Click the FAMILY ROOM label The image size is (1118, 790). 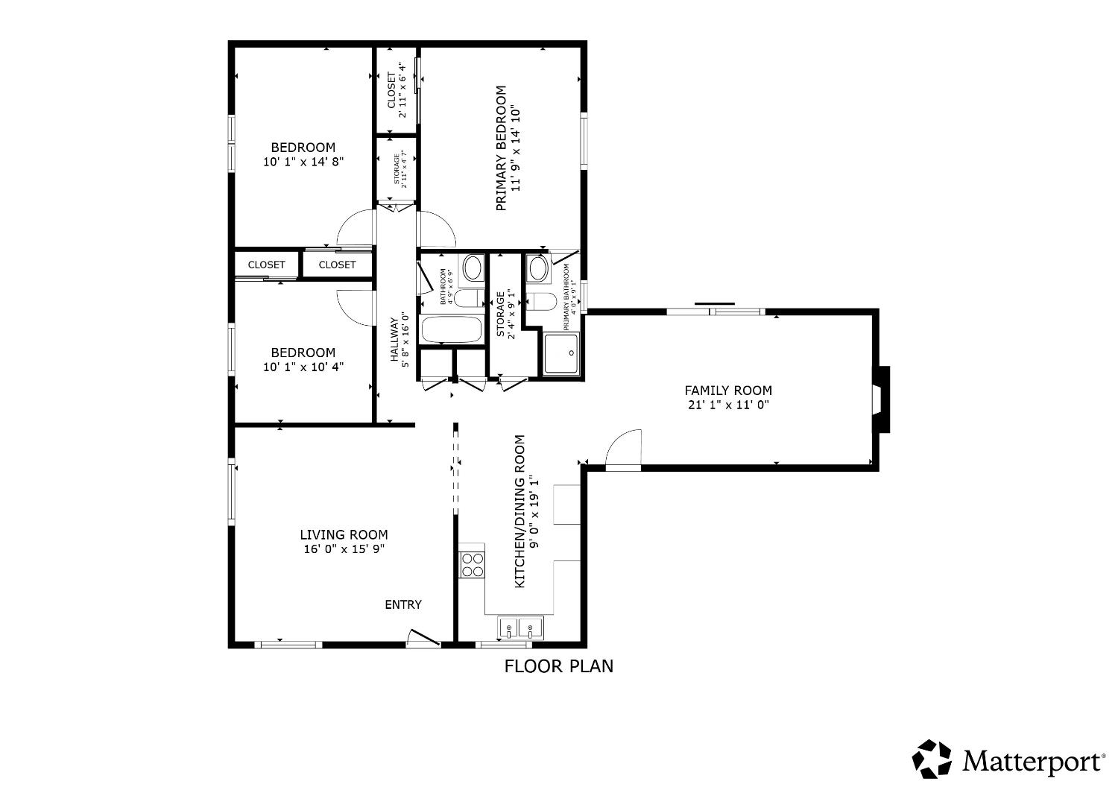tap(728, 390)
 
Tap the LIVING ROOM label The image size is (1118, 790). tap(344, 534)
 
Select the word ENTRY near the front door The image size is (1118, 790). tap(402, 604)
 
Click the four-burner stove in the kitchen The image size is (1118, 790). tap(472, 564)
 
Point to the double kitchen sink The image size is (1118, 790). tap(520, 628)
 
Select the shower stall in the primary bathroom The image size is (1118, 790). tap(561, 354)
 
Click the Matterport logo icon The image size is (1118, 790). tap(933, 759)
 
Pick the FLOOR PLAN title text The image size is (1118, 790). tap(559, 666)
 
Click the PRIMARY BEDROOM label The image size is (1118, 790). tap(501, 148)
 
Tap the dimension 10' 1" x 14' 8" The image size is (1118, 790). tap(303, 162)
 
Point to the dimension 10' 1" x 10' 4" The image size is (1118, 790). tap(303, 367)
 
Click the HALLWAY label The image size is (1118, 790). tap(394, 339)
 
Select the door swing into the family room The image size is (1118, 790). tap(623, 449)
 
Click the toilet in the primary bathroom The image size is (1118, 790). tap(540, 301)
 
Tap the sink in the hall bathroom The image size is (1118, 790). tap(473, 267)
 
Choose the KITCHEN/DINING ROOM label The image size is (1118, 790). tap(520, 511)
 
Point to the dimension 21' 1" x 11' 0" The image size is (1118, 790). tap(728, 405)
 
